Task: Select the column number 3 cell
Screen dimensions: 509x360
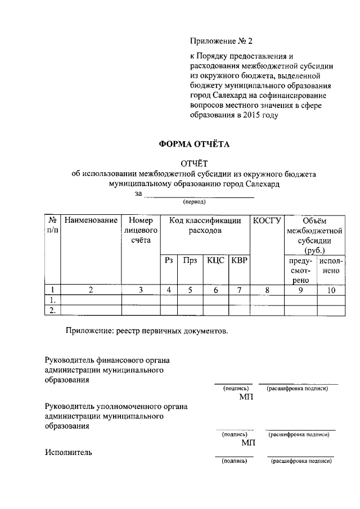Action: tap(141, 290)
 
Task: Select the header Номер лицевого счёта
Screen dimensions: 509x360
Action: tap(141, 230)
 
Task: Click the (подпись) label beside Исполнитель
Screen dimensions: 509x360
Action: tap(234, 461)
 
